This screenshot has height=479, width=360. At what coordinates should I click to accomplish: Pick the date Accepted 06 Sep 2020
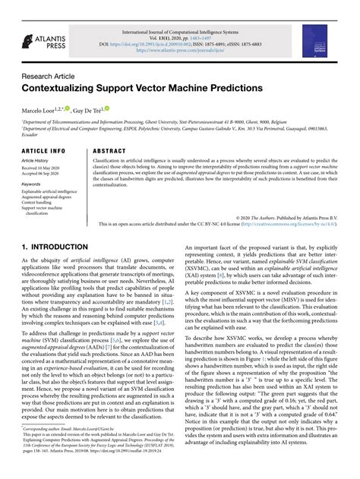tap(44, 174)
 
